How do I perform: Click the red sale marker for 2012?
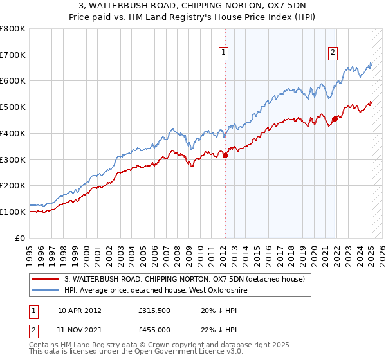click(x=225, y=155)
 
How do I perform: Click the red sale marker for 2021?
click(x=335, y=118)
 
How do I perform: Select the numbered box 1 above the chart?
click(x=223, y=53)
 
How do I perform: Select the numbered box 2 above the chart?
click(x=333, y=53)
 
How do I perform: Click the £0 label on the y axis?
click(x=21, y=238)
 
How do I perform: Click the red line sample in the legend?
click(x=46, y=278)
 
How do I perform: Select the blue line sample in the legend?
click(x=46, y=290)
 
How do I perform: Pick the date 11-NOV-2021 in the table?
click(x=80, y=329)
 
